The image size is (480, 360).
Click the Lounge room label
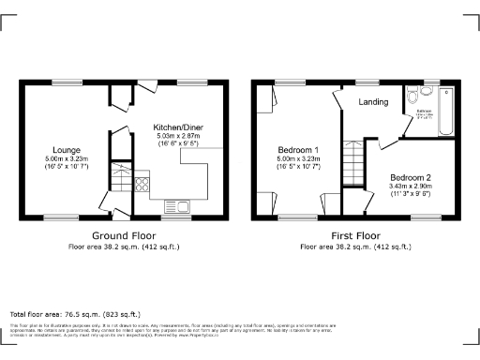[x=67, y=150]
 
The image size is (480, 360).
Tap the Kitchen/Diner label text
[x=178, y=127]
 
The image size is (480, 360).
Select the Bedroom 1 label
[x=298, y=150]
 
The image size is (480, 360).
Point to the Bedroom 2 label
[x=411, y=177]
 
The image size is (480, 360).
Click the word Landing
[x=373, y=102]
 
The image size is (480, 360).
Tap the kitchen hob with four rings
[x=142, y=184]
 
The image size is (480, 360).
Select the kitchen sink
[x=175, y=205]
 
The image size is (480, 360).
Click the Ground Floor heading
[x=123, y=236]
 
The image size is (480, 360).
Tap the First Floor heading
[x=354, y=236]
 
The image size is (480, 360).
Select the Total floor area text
[x=75, y=314]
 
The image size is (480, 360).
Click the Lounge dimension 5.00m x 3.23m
[x=67, y=159]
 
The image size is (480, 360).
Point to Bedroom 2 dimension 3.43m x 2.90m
[x=411, y=187]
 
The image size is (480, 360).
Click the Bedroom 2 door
[x=387, y=142]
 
